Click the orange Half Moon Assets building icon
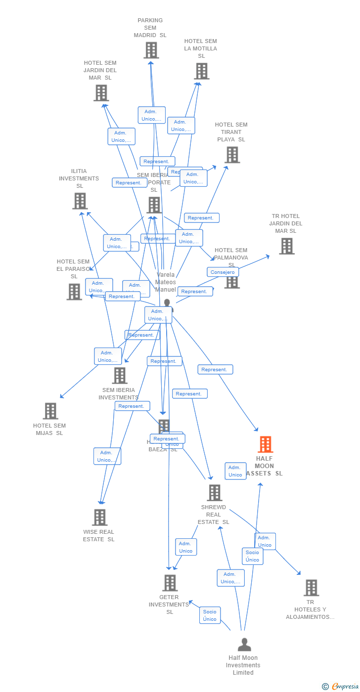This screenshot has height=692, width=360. click(266, 444)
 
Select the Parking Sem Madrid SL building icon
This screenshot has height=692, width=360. click(151, 50)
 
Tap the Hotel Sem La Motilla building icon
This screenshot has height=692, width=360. click(201, 71)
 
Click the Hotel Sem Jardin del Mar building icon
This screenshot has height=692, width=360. click(101, 93)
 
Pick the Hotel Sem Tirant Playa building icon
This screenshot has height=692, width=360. click(231, 155)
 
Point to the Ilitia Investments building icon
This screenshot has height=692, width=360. click(80, 201)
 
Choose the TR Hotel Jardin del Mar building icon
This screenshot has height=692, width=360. click(286, 246)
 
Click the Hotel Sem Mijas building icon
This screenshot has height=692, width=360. click(50, 411)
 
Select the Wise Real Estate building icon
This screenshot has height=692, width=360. click(99, 518)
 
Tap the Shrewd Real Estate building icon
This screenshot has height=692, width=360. click(214, 493)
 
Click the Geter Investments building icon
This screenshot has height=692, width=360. click(170, 583)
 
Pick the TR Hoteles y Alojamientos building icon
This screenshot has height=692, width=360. click(311, 588)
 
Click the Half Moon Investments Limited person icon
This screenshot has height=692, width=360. click(244, 645)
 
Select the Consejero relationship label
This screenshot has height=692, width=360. click(223, 272)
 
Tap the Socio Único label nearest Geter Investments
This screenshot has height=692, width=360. click(210, 615)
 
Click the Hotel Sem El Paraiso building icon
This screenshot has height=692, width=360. click(74, 292)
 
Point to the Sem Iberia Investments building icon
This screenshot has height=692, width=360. click(119, 376)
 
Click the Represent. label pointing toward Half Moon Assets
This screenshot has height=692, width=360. click(215, 369)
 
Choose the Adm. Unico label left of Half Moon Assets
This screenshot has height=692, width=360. click(235, 471)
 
